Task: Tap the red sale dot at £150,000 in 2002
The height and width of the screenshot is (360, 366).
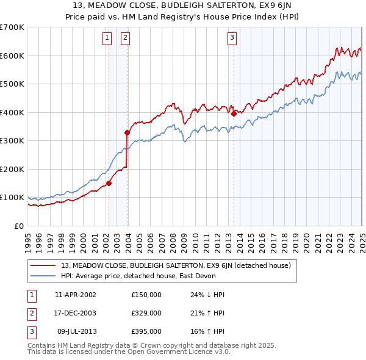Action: click(109, 183)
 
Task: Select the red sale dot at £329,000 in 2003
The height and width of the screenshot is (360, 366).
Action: click(127, 132)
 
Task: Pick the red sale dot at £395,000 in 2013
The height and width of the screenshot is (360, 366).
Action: click(234, 113)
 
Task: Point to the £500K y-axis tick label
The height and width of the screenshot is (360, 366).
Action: click(12, 84)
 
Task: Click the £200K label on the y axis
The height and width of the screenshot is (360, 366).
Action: click(12, 169)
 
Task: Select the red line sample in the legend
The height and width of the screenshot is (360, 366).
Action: click(43, 265)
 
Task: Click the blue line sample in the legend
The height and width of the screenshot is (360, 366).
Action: click(43, 275)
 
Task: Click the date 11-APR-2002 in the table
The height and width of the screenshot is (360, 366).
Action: click(76, 295)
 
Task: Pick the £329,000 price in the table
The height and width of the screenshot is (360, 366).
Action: click(146, 313)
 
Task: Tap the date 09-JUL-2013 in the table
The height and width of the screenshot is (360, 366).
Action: click(76, 331)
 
